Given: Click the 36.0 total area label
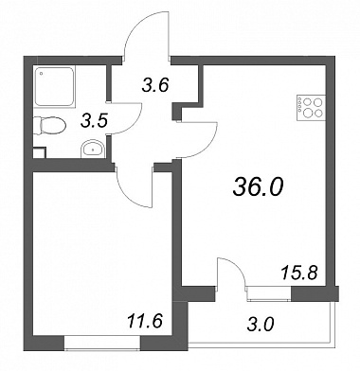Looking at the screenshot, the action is tap(259, 186).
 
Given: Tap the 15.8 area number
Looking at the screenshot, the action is tap(298, 273).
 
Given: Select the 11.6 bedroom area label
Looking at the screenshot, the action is tap(145, 322).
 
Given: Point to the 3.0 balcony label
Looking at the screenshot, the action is tap(261, 325).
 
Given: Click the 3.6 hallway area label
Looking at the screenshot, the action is tap(155, 85).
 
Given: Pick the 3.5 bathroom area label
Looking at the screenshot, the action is tap(95, 121).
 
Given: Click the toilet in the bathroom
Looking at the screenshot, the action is tap(49, 126).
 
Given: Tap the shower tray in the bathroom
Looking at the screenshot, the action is tap(54, 86).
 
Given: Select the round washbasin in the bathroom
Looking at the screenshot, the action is tap(93, 149).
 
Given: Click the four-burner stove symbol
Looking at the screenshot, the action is tap(311, 108).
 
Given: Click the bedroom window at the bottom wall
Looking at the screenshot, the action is tap(102, 343).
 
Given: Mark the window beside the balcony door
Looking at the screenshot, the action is tap(269, 293).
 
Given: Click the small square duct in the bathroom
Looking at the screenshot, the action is tap(40, 152).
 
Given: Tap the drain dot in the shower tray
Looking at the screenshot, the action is tap(41, 74).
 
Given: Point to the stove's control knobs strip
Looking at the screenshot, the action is tap(298, 108).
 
